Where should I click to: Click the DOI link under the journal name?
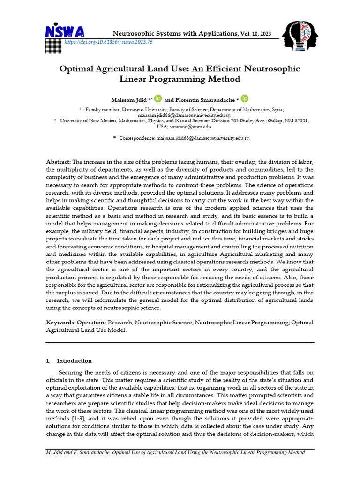[x=108, y=42]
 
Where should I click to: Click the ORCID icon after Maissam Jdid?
[x=158, y=98]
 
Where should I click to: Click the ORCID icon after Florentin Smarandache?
[x=245, y=98]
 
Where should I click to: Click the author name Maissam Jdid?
[x=129, y=99]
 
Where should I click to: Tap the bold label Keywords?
[x=60, y=323]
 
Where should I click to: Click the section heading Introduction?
[x=74, y=360]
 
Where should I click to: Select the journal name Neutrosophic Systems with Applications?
[x=176, y=33]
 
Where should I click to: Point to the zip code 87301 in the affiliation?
[x=299, y=120]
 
